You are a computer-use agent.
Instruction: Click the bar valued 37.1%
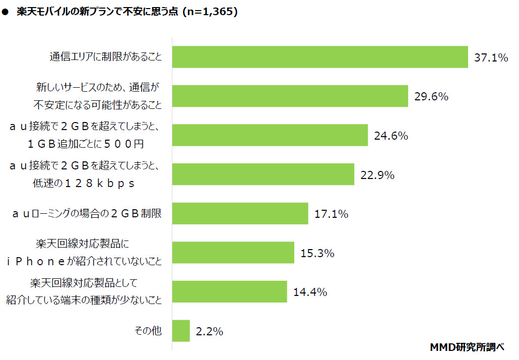click(320, 57)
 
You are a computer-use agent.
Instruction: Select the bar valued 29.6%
click(290, 96)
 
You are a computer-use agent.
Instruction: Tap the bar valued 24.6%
click(270, 135)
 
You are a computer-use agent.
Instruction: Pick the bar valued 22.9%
click(263, 174)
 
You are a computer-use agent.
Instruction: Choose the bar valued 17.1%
click(240, 213)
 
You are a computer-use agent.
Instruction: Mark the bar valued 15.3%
click(233, 253)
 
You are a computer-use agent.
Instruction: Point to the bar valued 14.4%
click(230, 291)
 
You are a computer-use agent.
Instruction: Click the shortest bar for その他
click(181, 331)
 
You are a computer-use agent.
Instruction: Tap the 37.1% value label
click(491, 58)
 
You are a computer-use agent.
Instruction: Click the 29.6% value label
click(431, 97)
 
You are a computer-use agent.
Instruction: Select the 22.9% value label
click(377, 175)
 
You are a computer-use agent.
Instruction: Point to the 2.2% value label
click(210, 332)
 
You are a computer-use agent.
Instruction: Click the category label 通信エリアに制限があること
click(106, 57)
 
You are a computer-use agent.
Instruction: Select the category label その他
click(148, 331)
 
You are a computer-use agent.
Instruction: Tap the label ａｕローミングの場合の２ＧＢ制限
click(87, 214)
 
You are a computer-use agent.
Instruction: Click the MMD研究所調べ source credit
click(467, 347)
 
